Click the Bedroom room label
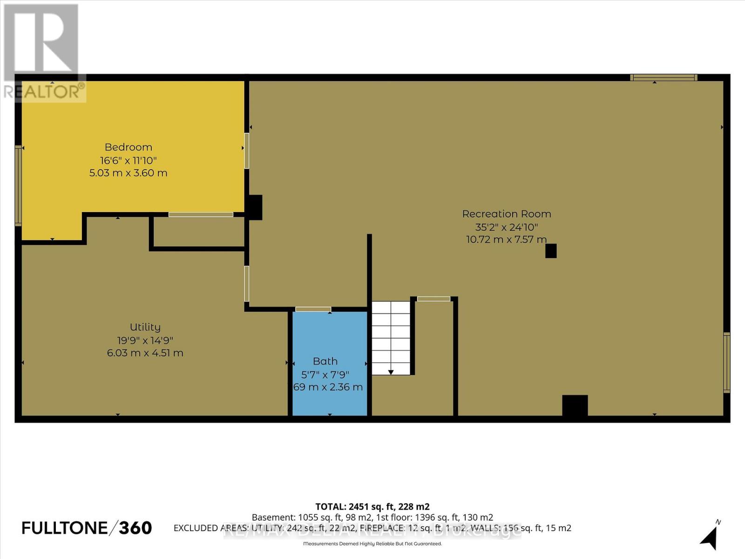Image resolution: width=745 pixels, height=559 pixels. (x=129, y=147)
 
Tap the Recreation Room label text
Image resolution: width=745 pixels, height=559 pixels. (x=507, y=214)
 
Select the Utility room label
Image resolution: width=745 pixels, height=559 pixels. (x=145, y=327)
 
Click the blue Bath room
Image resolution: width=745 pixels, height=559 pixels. (x=329, y=340)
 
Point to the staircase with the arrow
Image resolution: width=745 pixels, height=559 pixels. (x=391, y=338)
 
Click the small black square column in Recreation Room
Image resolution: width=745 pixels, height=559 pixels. (x=551, y=251)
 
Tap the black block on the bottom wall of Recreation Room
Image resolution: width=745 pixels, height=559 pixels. (x=575, y=405)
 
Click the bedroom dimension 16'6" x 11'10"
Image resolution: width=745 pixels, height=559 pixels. (x=129, y=160)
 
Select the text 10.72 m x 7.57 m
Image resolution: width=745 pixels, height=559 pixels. (x=507, y=239)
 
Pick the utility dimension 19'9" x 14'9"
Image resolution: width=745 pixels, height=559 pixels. (x=145, y=340)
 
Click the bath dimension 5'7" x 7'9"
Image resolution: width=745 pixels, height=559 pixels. (x=325, y=375)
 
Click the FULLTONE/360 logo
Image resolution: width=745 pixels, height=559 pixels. (x=87, y=528)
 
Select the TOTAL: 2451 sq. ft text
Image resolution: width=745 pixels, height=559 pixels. (x=372, y=506)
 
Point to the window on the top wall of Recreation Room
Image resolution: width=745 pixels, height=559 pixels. (x=664, y=78)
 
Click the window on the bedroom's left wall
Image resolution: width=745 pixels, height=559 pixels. (x=19, y=185)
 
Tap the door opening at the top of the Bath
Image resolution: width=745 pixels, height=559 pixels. (x=313, y=309)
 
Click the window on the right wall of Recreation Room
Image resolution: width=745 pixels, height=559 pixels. (x=726, y=362)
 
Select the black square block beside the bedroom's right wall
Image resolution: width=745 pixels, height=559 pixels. (x=254, y=207)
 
